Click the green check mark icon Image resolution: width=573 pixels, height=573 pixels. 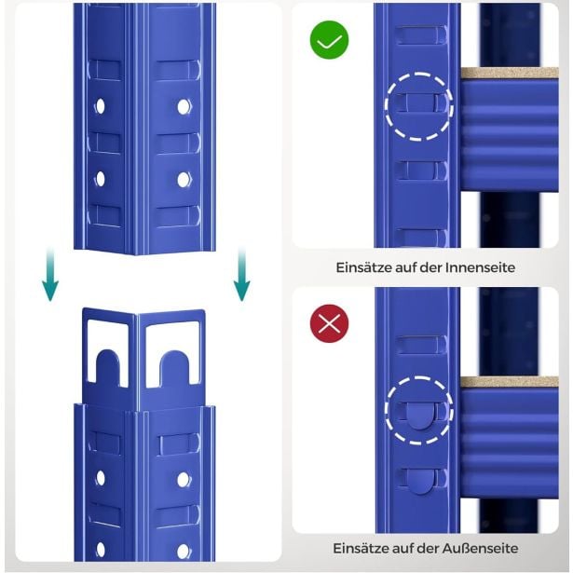point(329,40)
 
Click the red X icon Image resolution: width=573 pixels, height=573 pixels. point(329,323)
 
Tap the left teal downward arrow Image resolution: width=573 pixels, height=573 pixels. point(50,274)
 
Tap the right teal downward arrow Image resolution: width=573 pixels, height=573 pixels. point(241,274)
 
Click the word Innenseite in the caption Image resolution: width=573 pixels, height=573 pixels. point(480,267)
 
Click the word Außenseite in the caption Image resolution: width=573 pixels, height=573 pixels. point(480,548)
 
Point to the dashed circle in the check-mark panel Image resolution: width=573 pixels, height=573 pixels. point(419,74)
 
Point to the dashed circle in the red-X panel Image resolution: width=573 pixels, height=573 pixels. point(419,378)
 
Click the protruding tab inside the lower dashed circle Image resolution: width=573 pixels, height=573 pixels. point(419,416)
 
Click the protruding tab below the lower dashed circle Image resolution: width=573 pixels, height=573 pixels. point(420,482)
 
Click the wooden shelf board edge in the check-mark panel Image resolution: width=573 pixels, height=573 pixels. point(510,73)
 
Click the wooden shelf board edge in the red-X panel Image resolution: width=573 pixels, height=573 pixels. point(510,382)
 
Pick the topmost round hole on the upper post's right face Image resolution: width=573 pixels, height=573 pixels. point(184,107)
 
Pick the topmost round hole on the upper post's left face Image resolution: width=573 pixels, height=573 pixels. point(100,106)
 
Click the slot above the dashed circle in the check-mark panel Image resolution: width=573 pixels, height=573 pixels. point(421,35)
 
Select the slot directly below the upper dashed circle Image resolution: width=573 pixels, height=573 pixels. point(422,171)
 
